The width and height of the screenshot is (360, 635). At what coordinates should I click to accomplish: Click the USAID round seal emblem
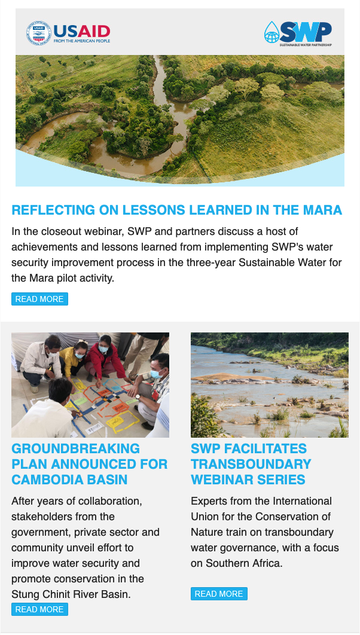(39, 33)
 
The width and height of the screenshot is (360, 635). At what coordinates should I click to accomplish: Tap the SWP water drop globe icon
(272, 32)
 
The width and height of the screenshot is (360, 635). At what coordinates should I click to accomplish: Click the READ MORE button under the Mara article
(39, 299)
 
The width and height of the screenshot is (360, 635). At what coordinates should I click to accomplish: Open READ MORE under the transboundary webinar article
(219, 594)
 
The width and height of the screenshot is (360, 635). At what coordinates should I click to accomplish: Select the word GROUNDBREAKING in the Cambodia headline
(76, 448)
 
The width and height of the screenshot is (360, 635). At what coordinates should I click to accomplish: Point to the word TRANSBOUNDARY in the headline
(251, 464)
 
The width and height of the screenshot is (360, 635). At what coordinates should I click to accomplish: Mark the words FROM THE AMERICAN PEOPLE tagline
(82, 41)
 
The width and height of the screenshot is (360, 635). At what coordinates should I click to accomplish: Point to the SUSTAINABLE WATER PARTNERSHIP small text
(306, 45)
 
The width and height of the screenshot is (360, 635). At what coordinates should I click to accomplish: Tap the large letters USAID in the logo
(82, 31)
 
